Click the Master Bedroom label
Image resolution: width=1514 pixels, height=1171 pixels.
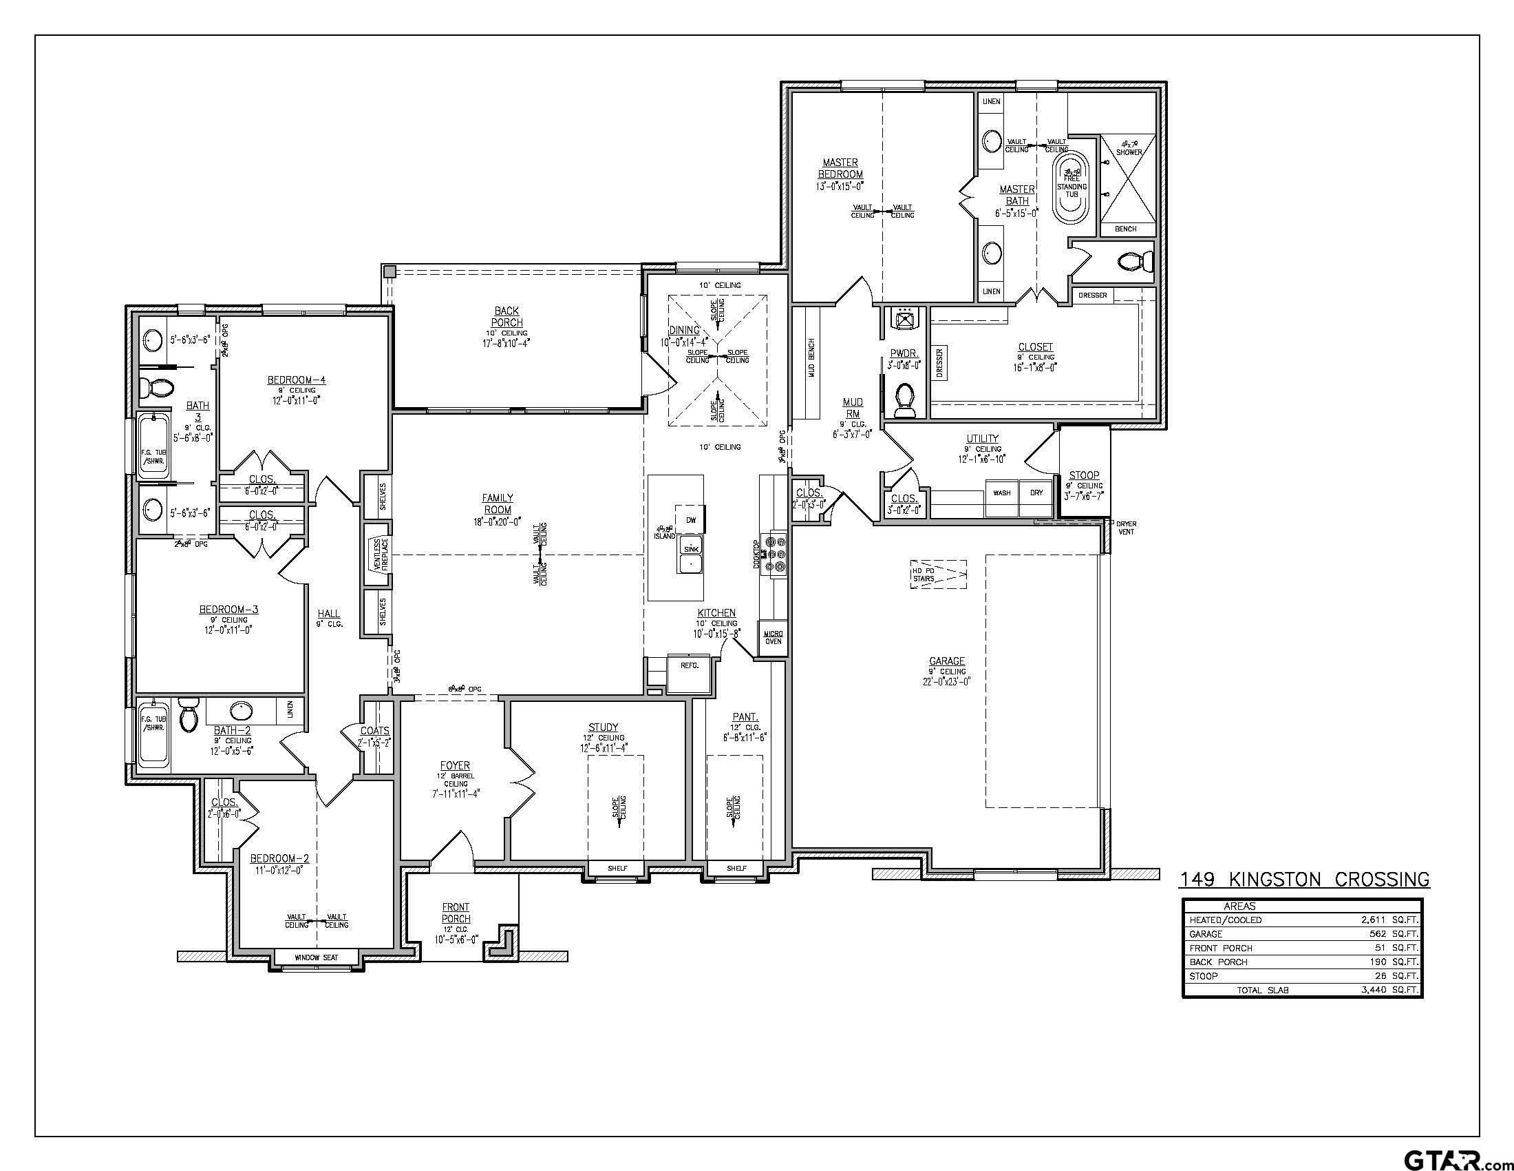[840, 169]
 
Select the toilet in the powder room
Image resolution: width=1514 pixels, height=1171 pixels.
[905, 401]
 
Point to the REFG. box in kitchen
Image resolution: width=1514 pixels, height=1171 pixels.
[689, 665]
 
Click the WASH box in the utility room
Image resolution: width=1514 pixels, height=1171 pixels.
[1001, 493]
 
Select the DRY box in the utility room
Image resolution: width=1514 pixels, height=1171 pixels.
[1036, 493]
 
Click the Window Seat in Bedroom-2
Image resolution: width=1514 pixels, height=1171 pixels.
[317, 957]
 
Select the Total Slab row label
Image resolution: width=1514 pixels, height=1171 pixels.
[1262, 990]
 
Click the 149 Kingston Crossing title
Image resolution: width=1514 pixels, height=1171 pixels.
[1304, 880]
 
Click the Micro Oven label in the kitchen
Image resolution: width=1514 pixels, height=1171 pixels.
[773, 637]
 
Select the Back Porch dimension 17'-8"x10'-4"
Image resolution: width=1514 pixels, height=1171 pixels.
[507, 343]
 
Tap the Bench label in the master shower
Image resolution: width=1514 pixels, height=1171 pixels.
[1125, 229]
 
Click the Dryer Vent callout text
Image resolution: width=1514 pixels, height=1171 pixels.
[1127, 527]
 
